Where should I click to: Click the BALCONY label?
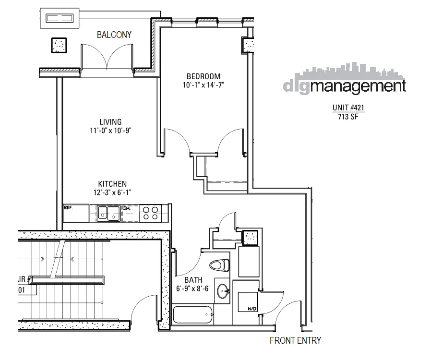pyautogui.click(x=114, y=35)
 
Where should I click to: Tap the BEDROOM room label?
pyautogui.click(x=204, y=76)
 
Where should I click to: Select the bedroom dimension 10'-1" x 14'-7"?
pyautogui.click(x=204, y=85)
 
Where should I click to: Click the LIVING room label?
pyautogui.click(x=110, y=122)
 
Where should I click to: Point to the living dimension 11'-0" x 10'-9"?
pyautogui.click(x=110, y=131)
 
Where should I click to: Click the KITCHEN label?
pyautogui.click(x=112, y=184)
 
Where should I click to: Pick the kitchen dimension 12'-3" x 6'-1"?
pyautogui.click(x=112, y=192)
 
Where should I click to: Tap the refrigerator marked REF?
pyautogui.click(x=75, y=213)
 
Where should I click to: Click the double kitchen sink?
pyautogui.click(x=108, y=213)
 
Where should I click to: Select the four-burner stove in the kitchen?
pyautogui.click(x=151, y=213)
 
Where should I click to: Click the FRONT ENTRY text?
pyautogui.click(x=295, y=341)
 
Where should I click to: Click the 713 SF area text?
pyautogui.click(x=345, y=116)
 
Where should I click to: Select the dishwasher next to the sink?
pyautogui.click(x=130, y=213)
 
